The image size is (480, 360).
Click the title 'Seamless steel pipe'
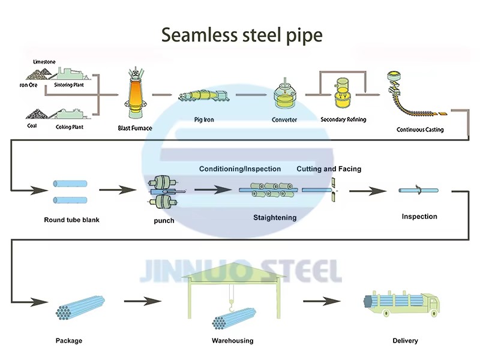click(242, 35)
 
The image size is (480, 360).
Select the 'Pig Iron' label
click(204, 119)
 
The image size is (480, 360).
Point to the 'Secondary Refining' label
click(343, 119)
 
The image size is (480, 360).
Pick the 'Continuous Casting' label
click(420, 130)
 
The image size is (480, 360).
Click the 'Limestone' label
click(44, 62)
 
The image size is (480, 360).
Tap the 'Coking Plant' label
click(70, 127)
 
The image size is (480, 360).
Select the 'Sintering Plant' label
click(69, 85)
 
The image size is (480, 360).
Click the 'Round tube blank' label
click(71, 220)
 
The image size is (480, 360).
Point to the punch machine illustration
click(163, 192)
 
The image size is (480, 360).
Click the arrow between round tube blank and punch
click(118, 190)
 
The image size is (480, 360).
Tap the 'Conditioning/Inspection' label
click(240, 169)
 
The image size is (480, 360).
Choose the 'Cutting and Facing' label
click(329, 169)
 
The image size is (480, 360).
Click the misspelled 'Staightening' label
click(275, 218)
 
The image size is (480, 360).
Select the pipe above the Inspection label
click(418, 190)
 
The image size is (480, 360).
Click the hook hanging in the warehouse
click(232, 305)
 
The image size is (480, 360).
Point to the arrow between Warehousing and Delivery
click(322, 301)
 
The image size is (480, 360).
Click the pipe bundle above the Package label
click(80, 308)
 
